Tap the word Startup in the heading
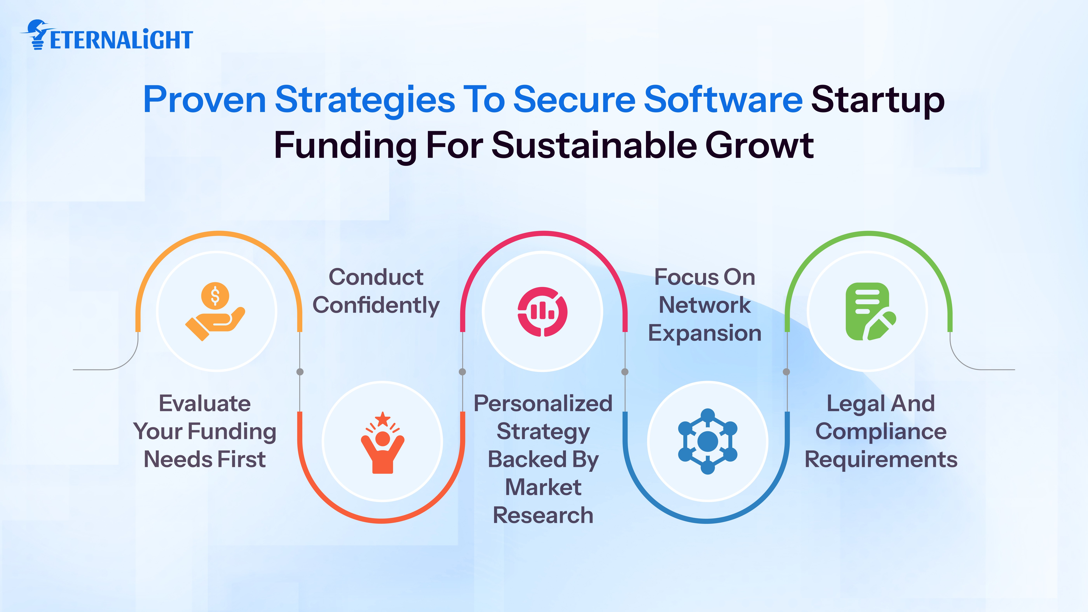pos(878,100)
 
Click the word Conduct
pos(376,277)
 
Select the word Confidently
pos(376,305)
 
